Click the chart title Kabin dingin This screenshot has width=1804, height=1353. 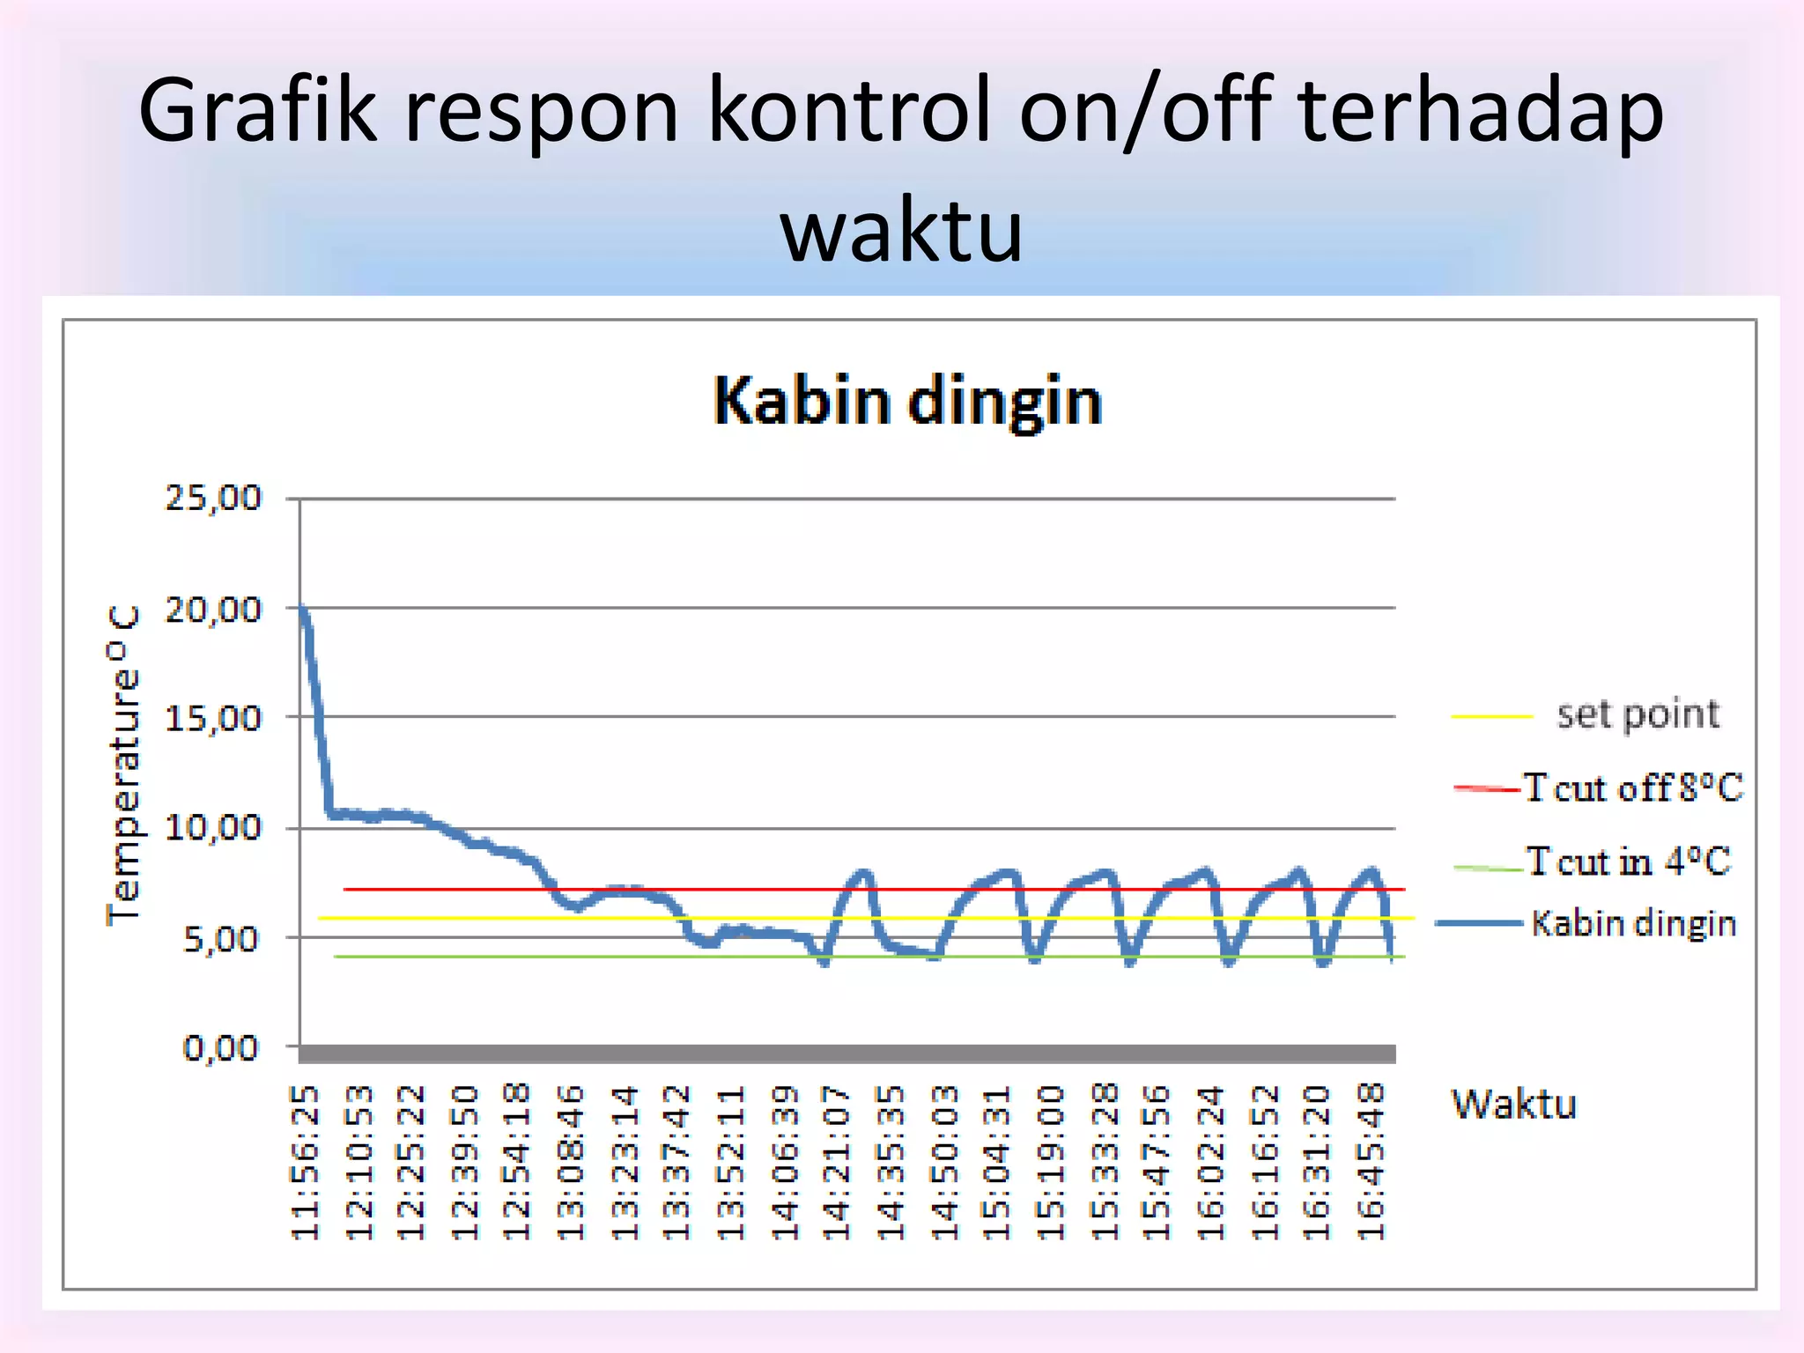click(x=907, y=402)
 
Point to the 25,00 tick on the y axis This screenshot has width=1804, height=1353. click(x=213, y=499)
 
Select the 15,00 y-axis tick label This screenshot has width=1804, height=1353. click(x=213, y=718)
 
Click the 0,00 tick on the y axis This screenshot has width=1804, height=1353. click(x=220, y=1048)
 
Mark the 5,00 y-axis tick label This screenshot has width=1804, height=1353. click(x=222, y=939)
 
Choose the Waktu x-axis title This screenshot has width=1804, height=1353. click(x=1513, y=1105)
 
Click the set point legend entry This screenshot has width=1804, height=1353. click(x=1637, y=714)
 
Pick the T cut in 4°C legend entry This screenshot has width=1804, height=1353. click(x=1628, y=861)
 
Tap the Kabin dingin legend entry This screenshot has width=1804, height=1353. click(x=1632, y=923)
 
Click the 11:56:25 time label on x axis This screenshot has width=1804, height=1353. click(x=305, y=1163)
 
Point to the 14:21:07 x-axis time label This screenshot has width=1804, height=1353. click(x=836, y=1163)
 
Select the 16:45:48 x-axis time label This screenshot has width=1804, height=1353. click(x=1371, y=1163)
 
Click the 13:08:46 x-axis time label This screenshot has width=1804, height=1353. click(x=571, y=1163)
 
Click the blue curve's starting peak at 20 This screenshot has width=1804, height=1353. click(x=302, y=608)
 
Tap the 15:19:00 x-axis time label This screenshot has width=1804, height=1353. click(x=1050, y=1163)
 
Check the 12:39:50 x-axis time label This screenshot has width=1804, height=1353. click(x=465, y=1163)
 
